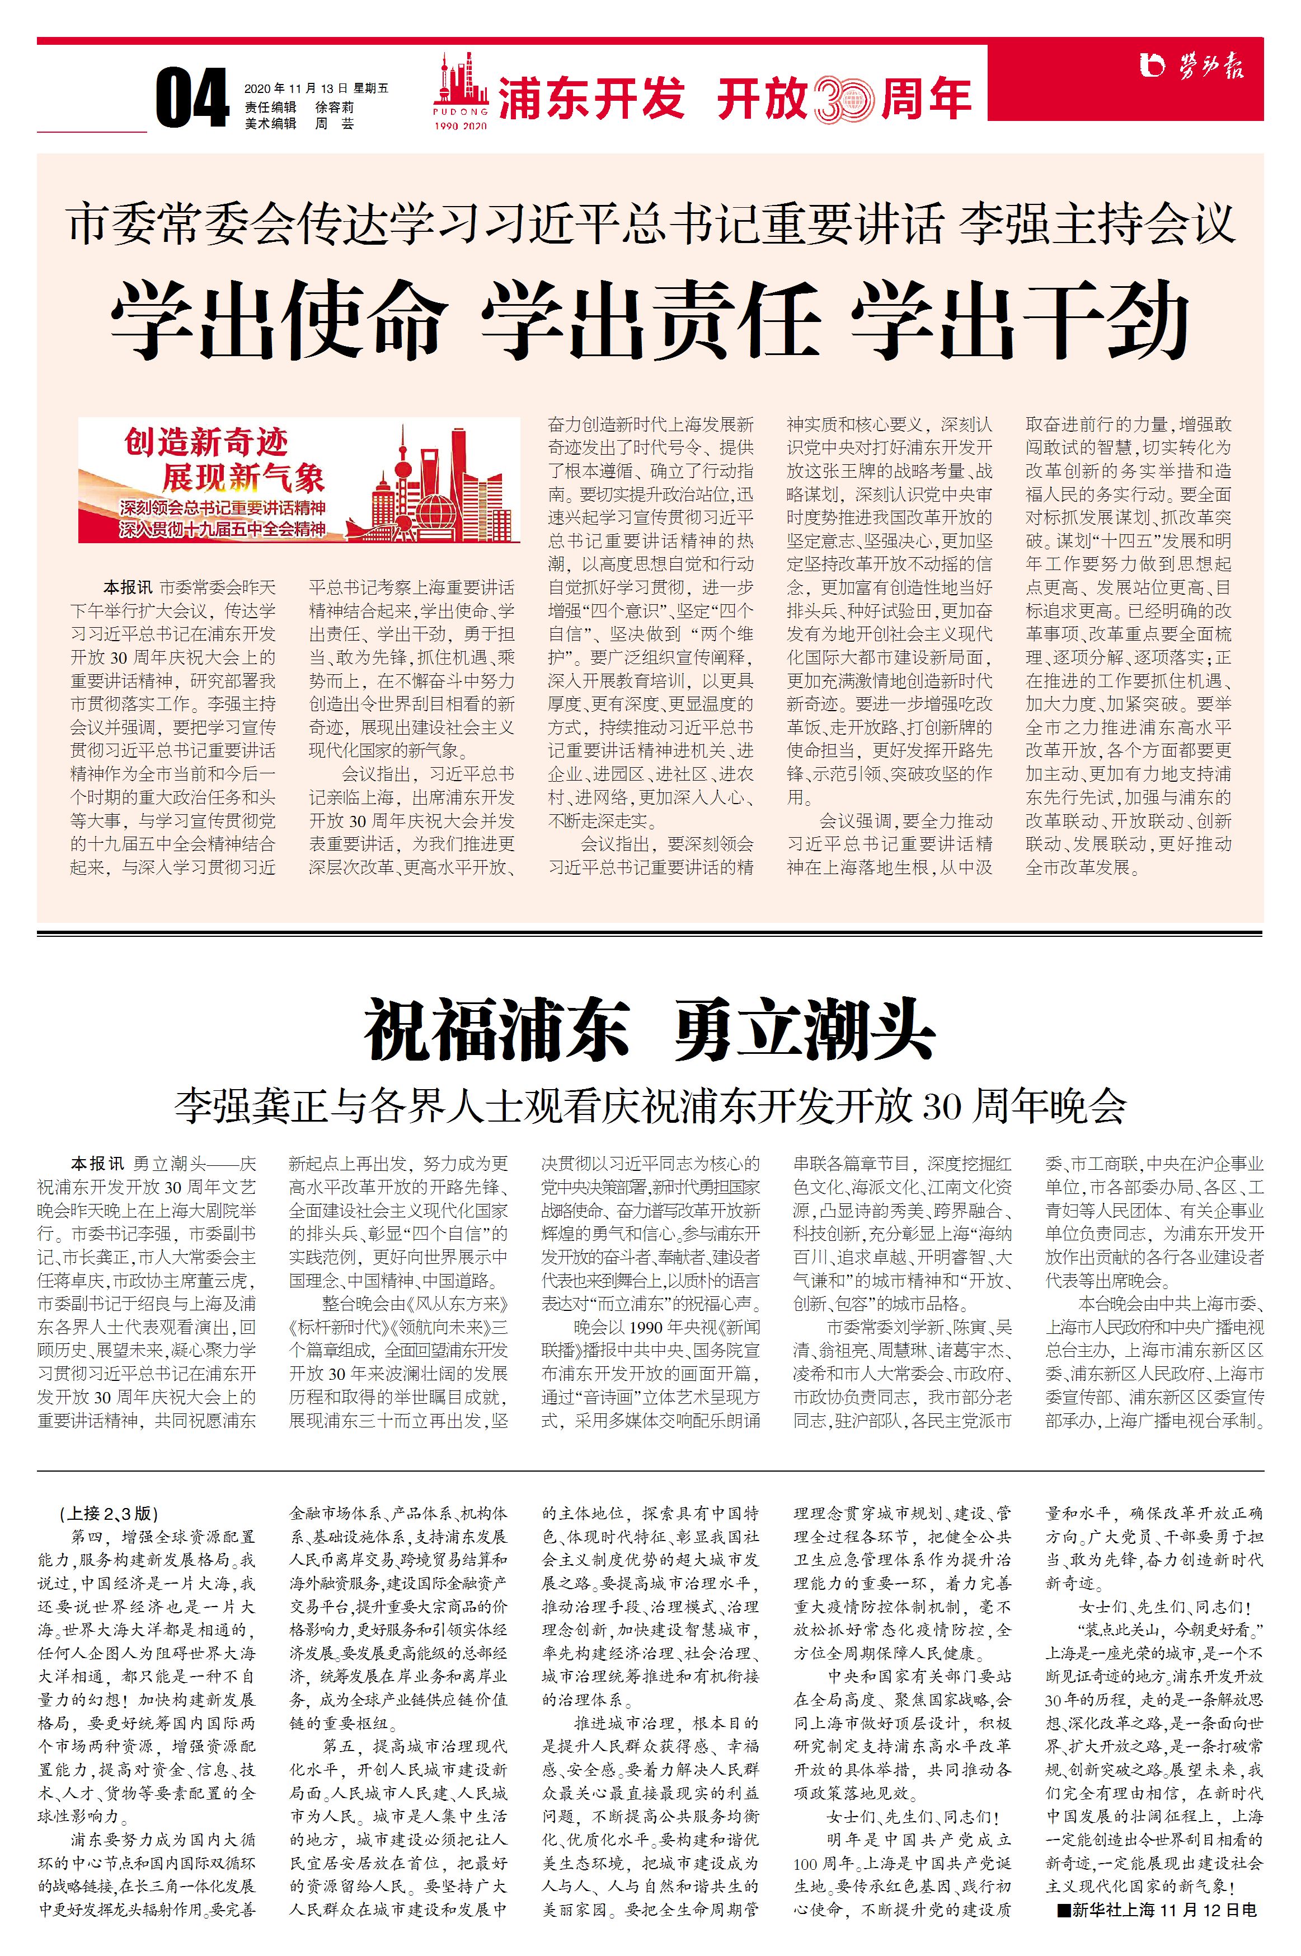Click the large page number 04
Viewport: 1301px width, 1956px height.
coord(192,99)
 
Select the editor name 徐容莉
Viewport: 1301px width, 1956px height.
coord(335,107)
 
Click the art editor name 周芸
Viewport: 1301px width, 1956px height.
coord(335,124)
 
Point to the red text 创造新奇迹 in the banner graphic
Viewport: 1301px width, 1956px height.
coord(206,442)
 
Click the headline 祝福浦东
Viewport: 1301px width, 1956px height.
coord(497,1031)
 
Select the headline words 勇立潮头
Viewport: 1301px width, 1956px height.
coord(804,1031)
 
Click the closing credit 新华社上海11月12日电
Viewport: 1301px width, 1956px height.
coord(1158,1910)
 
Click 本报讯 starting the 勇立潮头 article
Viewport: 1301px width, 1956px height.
coord(97,1164)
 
